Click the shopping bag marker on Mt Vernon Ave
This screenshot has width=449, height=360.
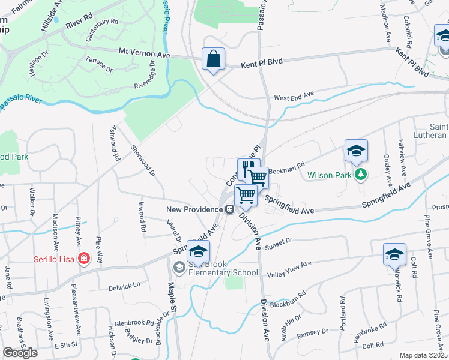click(x=213, y=59)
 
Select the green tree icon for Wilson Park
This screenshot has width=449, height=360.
click(x=361, y=175)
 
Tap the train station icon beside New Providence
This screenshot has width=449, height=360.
click(x=229, y=209)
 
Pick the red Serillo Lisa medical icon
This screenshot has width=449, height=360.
click(x=85, y=259)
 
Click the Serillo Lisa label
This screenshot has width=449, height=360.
click(x=55, y=259)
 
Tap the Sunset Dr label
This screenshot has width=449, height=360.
click(x=279, y=241)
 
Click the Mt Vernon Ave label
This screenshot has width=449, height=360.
click(x=145, y=54)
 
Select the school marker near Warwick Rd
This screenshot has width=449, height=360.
click(x=394, y=254)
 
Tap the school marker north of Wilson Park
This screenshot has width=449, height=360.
click(x=356, y=151)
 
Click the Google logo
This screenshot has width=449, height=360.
click(x=20, y=352)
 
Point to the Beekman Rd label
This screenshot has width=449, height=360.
click(x=286, y=170)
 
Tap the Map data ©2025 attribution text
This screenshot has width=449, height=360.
click(x=424, y=355)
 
